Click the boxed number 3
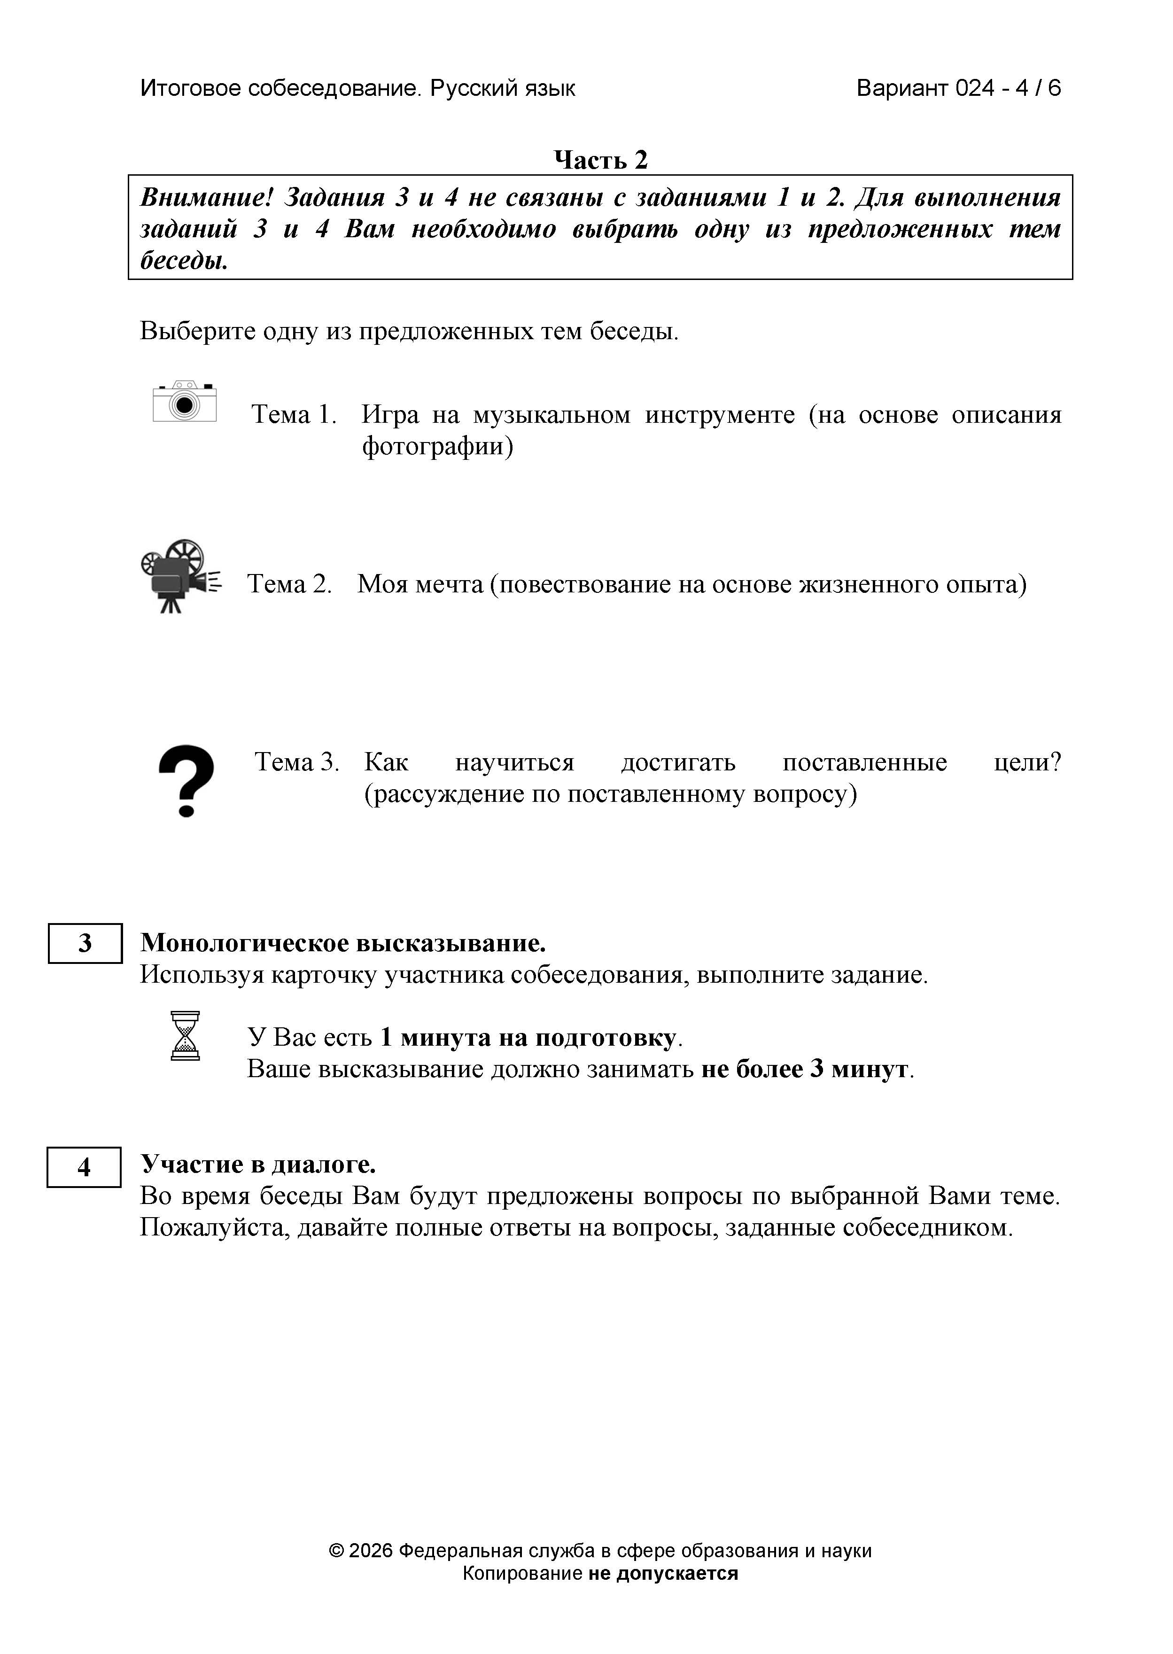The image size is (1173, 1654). tap(85, 943)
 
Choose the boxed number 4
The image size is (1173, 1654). tap(84, 1166)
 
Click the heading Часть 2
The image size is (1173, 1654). tap(600, 160)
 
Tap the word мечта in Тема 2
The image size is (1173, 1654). tap(449, 583)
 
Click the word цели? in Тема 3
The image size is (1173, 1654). tap(1027, 762)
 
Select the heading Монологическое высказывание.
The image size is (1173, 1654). tap(343, 943)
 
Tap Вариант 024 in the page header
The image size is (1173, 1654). tap(927, 88)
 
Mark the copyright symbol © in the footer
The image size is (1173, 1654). tap(336, 1551)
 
